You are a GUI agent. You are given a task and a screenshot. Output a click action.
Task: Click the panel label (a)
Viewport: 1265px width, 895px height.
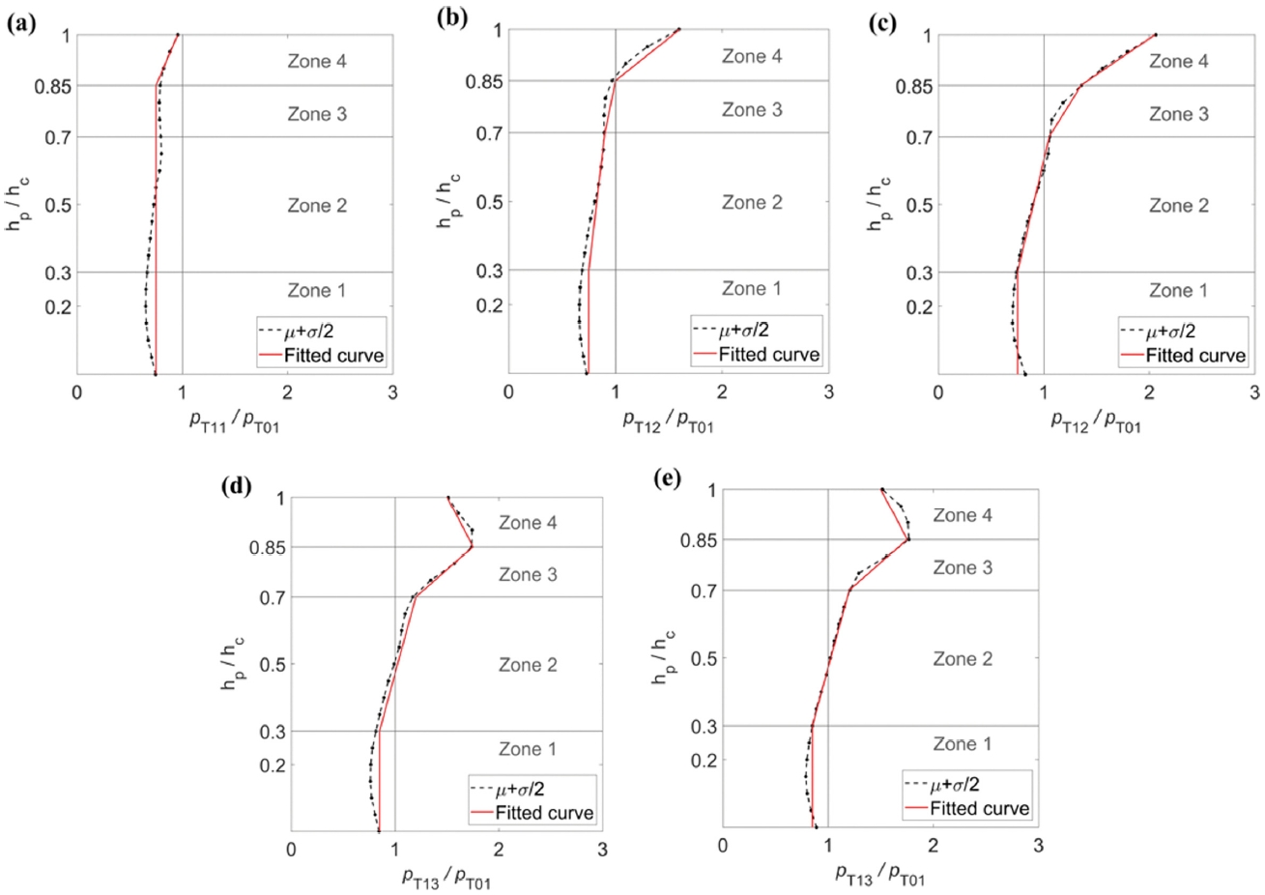click(20, 24)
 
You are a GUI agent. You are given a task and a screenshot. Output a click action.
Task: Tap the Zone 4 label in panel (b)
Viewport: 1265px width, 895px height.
click(751, 57)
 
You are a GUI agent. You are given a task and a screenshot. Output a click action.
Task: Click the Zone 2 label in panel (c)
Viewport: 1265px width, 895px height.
click(1178, 206)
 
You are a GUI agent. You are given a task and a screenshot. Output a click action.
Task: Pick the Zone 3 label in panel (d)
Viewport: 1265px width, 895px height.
click(528, 575)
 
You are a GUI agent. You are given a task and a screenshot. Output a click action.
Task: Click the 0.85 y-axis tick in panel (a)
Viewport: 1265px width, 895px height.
click(50, 86)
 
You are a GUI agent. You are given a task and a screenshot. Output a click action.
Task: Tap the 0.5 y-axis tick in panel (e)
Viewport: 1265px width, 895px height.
click(699, 658)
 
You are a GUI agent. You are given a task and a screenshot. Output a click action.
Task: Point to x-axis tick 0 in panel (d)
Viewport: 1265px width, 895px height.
click(291, 850)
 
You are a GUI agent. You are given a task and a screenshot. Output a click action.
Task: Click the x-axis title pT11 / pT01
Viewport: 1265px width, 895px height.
click(234, 421)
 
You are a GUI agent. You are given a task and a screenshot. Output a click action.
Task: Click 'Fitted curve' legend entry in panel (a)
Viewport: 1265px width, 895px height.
click(333, 356)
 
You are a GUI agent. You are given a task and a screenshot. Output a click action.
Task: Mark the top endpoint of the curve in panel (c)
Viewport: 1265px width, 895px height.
click(1155, 36)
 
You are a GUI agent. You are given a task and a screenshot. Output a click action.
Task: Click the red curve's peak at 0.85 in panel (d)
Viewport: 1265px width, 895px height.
click(472, 547)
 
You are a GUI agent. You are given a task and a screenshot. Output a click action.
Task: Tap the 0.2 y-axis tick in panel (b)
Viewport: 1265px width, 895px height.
click(484, 305)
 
